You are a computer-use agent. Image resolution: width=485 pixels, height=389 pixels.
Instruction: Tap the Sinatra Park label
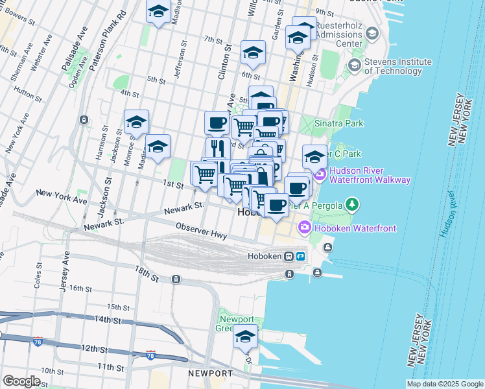pyautogui.click(x=339, y=123)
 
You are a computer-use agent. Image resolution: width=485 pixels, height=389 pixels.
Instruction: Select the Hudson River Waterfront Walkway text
pyautogui.click(x=370, y=175)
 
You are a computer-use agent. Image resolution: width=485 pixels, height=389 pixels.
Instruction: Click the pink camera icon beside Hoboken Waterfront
pyautogui.click(x=304, y=228)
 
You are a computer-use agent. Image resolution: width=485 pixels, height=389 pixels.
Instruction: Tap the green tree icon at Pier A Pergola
pyautogui.click(x=352, y=206)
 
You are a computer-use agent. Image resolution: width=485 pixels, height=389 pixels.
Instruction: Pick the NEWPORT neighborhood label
pyautogui.click(x=210, y=374)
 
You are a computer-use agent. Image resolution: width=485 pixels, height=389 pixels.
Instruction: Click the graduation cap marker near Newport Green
pyautogui.click(x=246, y=337)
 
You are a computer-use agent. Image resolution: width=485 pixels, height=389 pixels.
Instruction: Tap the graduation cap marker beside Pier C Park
pyautogui.click(x=314, y=156)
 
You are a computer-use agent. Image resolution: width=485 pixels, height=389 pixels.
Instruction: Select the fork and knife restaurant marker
pyautogui.click(x=218, y=148)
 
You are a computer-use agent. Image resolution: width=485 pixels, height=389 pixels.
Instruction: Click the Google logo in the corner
pyautogui.click(x=21, y=381)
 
